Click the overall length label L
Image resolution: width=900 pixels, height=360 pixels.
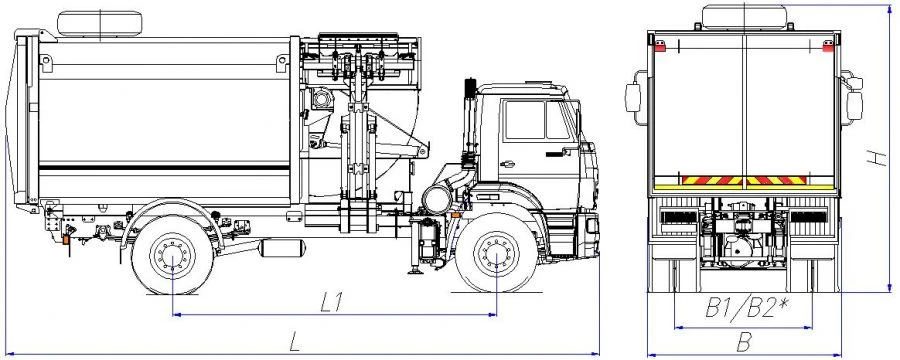(295, 341)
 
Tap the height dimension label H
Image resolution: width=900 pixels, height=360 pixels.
(873, 157)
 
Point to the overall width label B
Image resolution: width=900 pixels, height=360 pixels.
(744, 341)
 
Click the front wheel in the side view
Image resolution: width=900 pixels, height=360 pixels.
(498, 262)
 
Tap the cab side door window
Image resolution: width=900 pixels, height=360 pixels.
(524, 120)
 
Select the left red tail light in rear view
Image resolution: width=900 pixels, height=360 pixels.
(660, 45)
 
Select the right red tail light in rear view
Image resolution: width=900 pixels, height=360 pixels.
(827, 45)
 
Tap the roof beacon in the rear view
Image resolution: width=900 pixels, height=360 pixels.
(744, 14)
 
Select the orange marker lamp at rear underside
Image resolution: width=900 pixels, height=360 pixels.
(66, 240)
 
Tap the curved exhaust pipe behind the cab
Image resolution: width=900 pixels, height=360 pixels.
(445, 191)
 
